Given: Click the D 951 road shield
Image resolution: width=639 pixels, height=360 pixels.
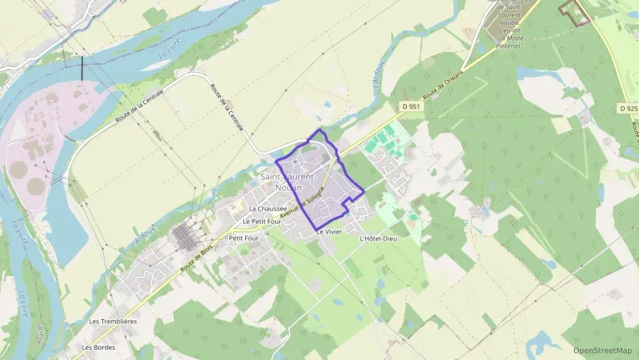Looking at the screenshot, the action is click(x=410, y=107).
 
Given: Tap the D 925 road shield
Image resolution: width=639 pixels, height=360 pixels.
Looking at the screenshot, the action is click(x=627, y=108).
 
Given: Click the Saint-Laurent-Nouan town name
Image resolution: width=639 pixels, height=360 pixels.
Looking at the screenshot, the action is click(x=287, y=182).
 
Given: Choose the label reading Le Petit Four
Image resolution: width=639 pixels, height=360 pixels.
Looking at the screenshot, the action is click(x=261, y=221).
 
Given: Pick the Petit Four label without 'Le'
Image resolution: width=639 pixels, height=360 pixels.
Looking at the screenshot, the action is click(x=244, y=238).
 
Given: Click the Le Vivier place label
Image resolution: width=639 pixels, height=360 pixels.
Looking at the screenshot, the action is click(x=328, y=232).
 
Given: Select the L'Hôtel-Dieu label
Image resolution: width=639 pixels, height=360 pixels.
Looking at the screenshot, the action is click(x=378, y=238).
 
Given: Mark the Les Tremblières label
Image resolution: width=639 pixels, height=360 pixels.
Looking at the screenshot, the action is click(x=113, y=321).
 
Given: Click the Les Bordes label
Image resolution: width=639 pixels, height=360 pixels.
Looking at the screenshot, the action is click(x=97, y=347).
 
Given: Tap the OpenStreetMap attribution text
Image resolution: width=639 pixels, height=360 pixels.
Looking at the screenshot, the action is click(x=603, y=350).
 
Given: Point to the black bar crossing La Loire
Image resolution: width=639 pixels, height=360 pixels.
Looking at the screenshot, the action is click(x=82, y=69).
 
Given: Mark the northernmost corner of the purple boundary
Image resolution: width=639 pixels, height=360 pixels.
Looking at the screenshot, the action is click(x=319, y=130).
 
